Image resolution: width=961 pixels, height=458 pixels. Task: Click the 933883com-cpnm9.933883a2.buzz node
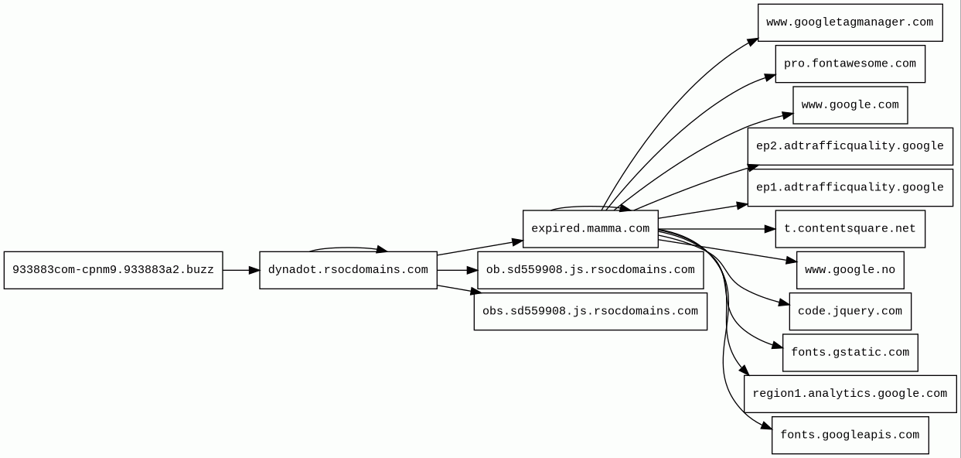point(113,270)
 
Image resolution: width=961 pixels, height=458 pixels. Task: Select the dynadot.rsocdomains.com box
point(348,270)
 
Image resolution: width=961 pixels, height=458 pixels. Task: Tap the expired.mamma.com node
point(590,229)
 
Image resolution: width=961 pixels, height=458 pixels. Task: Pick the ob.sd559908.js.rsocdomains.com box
point(590,270)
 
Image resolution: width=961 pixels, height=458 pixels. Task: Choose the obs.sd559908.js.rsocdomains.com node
point(590,311)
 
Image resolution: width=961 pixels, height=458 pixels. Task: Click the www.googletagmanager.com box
point(850,22)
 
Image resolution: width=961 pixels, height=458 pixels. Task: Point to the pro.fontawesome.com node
point(850,63)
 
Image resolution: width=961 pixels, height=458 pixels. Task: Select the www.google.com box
point(850,105)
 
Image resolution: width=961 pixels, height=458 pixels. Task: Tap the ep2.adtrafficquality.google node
point(850,146)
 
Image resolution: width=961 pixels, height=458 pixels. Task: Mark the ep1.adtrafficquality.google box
point(850,187)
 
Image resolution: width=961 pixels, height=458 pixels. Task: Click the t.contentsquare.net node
point(850,229)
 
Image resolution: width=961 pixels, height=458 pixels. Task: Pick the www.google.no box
point(850,270)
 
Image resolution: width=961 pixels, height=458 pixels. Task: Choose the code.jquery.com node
point(850,311)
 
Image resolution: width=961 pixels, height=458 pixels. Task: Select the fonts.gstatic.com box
point(850,353)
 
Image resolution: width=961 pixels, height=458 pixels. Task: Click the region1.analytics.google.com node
point(850,394)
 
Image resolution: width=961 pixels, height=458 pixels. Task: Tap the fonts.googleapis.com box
point(850,435)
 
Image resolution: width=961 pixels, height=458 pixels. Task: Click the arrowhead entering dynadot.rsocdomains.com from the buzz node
point(254,270)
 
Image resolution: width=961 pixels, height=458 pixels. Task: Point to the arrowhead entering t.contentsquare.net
point(769,229)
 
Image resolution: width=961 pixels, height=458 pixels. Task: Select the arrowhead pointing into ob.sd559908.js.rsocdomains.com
point(472,270)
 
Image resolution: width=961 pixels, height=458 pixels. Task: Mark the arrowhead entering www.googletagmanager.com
point(752,41)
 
